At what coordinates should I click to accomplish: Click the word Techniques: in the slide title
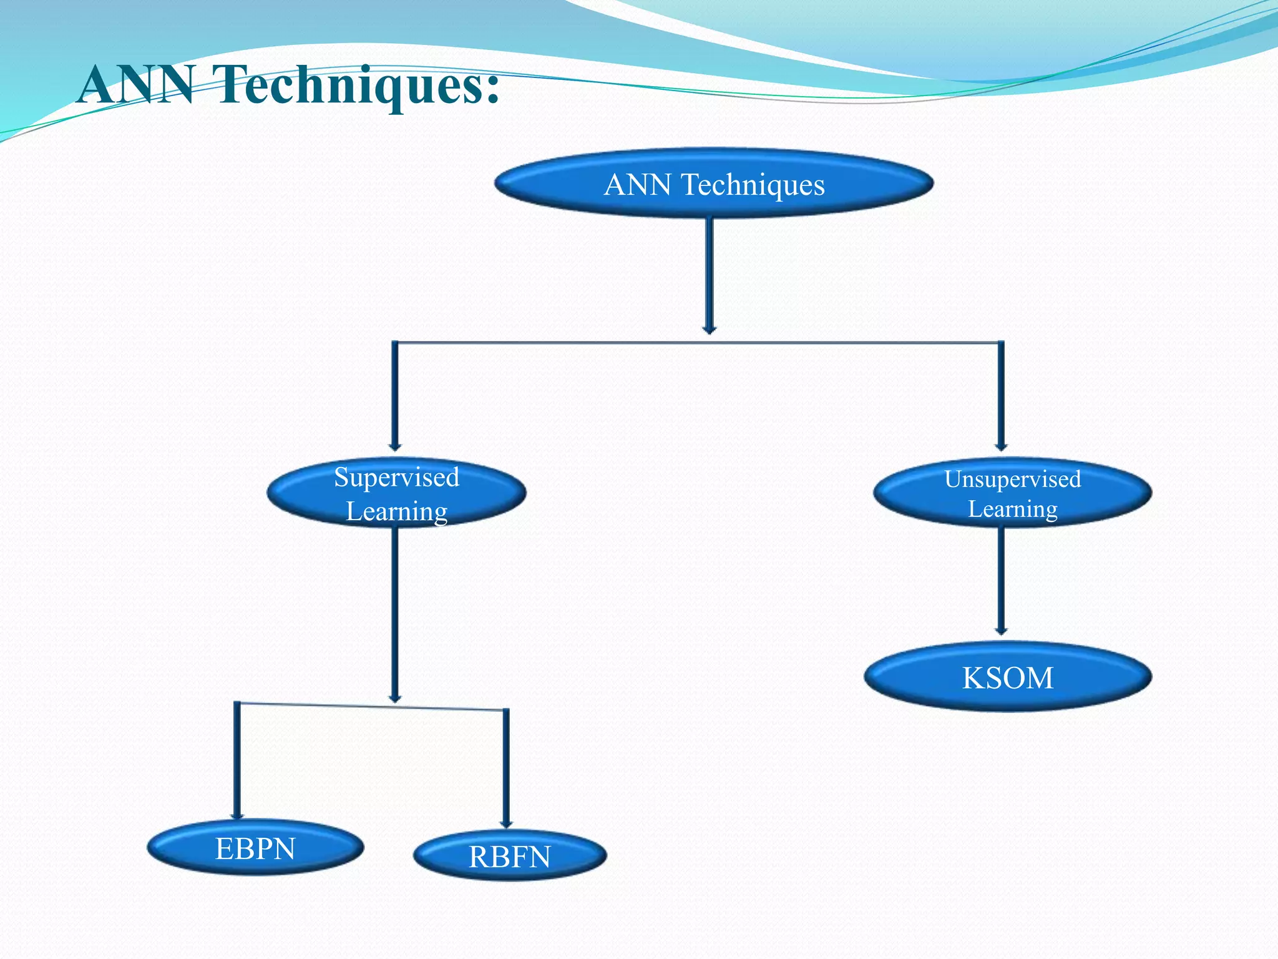tap(356, 86)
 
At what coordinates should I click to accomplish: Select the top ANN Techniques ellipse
tap(713, 184)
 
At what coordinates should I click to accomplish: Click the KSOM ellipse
tap(1007, 677)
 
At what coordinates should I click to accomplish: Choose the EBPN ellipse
tap(255, 848)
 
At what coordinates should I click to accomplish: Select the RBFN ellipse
tap(509, 856)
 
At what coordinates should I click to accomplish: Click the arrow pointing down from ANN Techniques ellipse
tap(709, 275)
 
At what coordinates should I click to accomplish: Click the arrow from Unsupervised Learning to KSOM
tap(1001, 581)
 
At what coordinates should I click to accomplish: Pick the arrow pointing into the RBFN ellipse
tap(506, 768)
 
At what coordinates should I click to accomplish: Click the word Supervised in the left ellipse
tap(396, 478)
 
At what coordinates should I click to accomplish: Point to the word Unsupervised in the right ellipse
tap(1012, 479)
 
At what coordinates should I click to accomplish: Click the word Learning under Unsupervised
tap(1012, 509)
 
